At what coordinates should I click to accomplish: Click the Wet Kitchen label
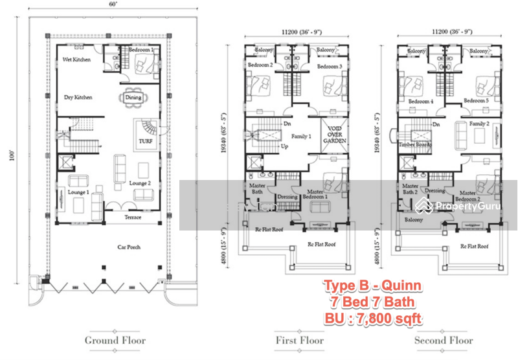coord(76,60)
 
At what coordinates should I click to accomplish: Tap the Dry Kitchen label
coord(78,97)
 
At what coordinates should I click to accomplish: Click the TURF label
coord(144,140)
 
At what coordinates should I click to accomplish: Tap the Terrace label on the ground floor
coord(133,218)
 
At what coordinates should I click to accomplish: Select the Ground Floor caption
coord(115,340)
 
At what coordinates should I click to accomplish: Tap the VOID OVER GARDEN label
coord(335,135)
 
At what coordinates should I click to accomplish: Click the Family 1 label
coord(301,137)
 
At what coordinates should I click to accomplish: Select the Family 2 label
coord(479,123)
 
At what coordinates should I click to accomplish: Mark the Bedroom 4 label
coord(421,102)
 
